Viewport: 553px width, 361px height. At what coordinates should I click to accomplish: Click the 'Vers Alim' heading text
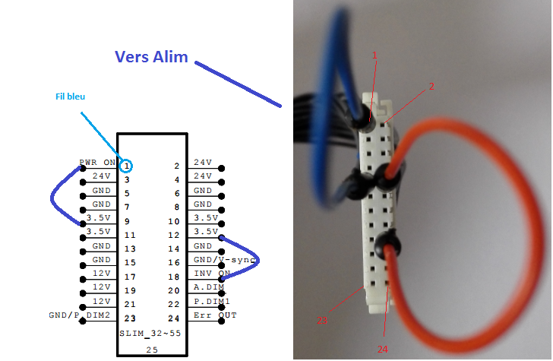151,57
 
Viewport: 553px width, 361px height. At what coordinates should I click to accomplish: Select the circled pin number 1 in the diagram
127,165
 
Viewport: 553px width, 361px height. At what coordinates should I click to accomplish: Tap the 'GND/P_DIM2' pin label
80,315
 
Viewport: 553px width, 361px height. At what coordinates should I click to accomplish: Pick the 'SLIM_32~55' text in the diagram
150,334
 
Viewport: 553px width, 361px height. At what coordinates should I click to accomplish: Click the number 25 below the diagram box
151,348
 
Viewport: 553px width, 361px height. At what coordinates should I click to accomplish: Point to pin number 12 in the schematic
176,235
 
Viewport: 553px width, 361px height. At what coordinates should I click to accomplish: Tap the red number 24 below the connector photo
383,348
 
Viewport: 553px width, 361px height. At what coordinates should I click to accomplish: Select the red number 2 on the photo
431,87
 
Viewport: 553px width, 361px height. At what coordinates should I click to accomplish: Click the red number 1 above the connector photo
374,55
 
